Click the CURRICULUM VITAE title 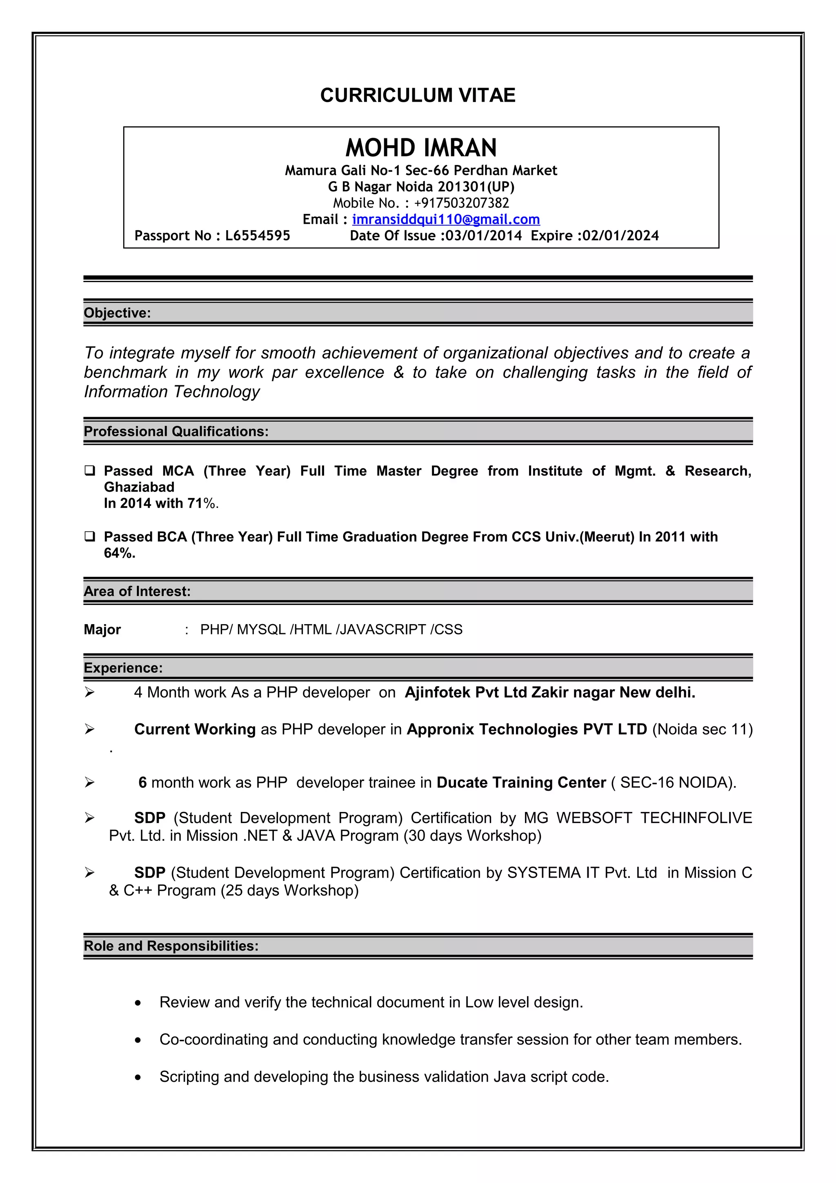pyautogui.click(x=417, y=96)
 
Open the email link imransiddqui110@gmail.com pyautogui.click(x=446, y=220)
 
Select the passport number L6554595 pyautogui.click(x=258, y=236)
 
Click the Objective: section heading pyautogui.click(x=118, y=313)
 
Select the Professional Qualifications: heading pyautogui.click(x=176, y=432)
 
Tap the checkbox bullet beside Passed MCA pyautogui.click(x=90, y=470)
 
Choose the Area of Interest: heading pyautogui.click(x=137, y=591)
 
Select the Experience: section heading pyautogui.click(x=123, y=668)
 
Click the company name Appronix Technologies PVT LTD pyautogui.click(x=527, y=729)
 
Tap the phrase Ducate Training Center pyautogui.click(x=521, y=783)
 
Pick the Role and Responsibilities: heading pyautogui.click(x=171, y=946)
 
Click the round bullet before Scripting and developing pyautogui.click(x=138, y=1077)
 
